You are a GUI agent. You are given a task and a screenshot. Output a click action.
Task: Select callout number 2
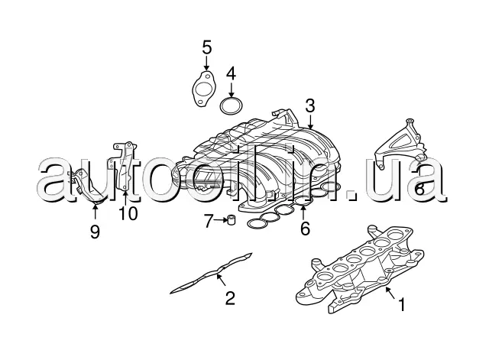click(x=229, y=297)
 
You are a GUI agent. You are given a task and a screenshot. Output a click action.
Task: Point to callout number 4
click(x=231, y=74)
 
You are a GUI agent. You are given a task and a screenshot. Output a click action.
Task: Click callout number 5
click(x=206, y=47)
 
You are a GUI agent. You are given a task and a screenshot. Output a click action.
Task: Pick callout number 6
click(x=305, y=228)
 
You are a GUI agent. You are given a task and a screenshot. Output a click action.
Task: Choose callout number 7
click(x=209, y=222)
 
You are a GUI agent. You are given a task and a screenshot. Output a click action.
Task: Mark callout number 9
click(x=95, y=231)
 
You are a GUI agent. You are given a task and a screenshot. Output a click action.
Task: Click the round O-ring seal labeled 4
click(x=232, y=105)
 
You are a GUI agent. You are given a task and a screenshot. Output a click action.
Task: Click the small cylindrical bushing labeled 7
click(x=229, y=222)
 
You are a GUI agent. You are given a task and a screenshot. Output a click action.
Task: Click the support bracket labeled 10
click(x=125, y=164)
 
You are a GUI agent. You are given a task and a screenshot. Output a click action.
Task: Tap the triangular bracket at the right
click(x=403, y=141)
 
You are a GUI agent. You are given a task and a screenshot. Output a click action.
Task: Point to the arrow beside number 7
click(x=219, y=222)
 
